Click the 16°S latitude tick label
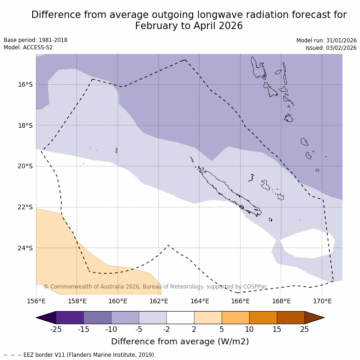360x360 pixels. [x=25, y=84]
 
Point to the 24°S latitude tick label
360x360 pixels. [x=25, y=248]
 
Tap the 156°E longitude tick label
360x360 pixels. [x=36, y=301]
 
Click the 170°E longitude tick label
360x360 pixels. [x=322, y=301]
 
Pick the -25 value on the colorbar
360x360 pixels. [x=56, y=329]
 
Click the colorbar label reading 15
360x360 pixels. [x=277, y=329]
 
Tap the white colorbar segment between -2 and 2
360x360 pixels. [x=180, y=318]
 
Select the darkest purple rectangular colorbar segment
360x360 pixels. [x=70, y=318]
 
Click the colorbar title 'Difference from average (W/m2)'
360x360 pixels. [x=180, y=342]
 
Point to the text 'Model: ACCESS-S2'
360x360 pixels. [x=28, y=47]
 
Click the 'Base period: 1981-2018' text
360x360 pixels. [x=35, y=40]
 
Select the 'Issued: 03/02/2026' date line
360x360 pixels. [x=331, y=48]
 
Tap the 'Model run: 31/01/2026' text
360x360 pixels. [x=326, y=41]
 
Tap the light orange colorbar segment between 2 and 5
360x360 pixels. [x=208, y=318]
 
